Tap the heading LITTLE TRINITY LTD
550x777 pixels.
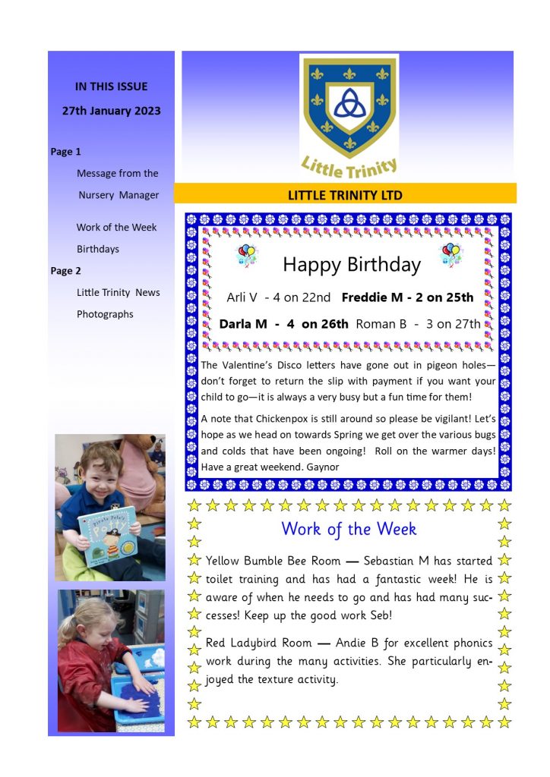click(x=345, y=195)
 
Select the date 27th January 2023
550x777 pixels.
click(x=111, y=111)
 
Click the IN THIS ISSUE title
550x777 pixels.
click(x=111, y=87)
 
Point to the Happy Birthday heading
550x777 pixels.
click(x=351, y=264)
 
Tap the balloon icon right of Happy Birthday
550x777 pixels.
click(x=450, y=255)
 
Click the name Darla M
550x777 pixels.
click(x=243, y=324)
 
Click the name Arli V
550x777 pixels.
click(x=243, y=297)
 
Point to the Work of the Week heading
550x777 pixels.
click(x=349, y=529)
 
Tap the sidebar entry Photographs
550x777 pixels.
click(x=105, y=314)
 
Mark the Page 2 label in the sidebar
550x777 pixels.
click(x=66, y=271)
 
